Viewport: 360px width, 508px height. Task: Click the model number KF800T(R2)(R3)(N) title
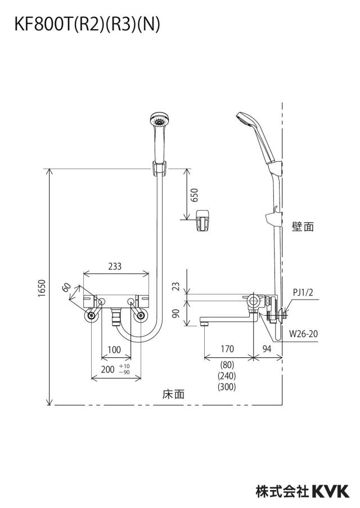point(87,25)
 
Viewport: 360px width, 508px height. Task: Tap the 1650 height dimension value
point(42,289)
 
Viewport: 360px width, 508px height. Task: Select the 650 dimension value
point(194,195)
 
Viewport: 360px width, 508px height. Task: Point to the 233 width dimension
point(115,266)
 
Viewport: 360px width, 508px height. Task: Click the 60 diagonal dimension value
point(66,287)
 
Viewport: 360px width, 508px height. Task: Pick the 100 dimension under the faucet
point(114,350)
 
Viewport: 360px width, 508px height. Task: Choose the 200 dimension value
point(107,369)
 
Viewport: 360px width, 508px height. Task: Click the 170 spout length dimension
point(227,348)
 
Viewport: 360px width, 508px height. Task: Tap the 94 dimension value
point(267,348)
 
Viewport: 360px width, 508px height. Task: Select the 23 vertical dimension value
point(175,286)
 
